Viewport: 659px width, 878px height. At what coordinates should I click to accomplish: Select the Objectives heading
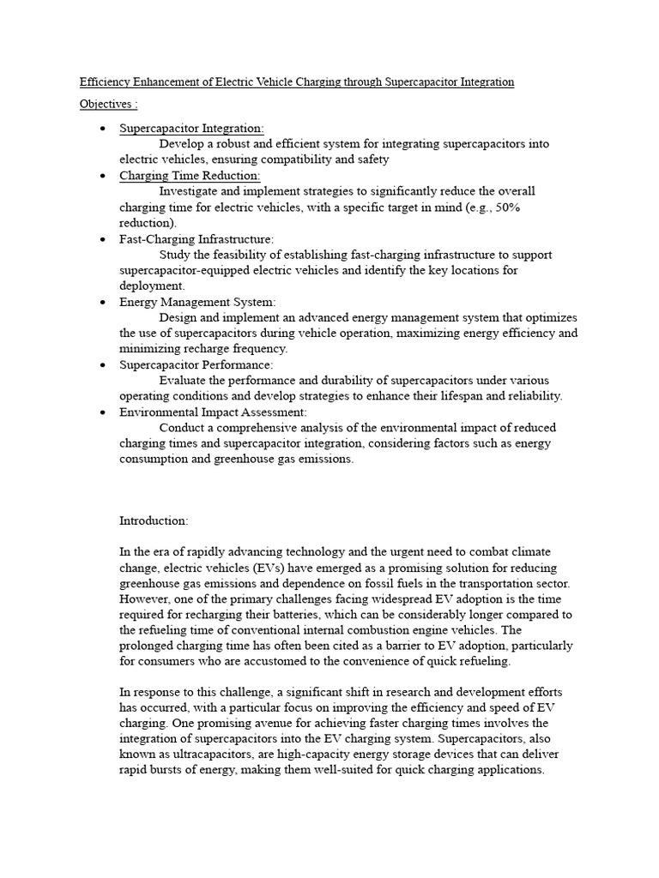(108, 105)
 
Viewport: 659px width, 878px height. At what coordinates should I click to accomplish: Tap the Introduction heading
(154, 520)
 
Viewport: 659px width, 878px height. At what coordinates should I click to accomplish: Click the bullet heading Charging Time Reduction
(190, 176)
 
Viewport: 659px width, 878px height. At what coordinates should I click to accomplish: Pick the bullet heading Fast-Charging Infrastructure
(196, 239)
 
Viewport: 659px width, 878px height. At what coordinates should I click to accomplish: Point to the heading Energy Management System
(197, 303)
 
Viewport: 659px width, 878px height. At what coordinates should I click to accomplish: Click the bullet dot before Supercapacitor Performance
(103, 365)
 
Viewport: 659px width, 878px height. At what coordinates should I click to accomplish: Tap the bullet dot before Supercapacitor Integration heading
(103, 129)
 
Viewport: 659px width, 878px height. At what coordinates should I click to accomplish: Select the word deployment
(151, 286)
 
